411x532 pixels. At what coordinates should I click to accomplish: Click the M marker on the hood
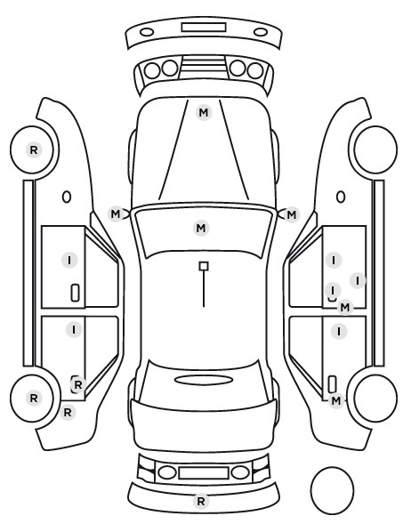pos(204,112)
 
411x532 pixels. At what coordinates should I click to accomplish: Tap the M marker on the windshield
pos(201,228)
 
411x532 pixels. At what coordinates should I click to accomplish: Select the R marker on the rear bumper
pos(201,501)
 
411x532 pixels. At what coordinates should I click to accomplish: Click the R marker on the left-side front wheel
pos(34,149)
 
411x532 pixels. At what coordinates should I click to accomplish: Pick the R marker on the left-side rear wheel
pos(34,398)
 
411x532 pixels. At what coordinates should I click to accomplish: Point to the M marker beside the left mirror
pos(116,214)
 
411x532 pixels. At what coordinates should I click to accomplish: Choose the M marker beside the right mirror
pos(292,214)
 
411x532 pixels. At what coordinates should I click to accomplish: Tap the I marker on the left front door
pos(69,261)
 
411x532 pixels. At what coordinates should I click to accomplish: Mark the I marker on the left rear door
pos(74,329)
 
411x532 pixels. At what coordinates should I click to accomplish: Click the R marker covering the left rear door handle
pos(78,384)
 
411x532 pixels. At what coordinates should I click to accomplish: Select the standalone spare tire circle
pos(332,490)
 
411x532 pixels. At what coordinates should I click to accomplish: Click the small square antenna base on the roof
pos(204,266)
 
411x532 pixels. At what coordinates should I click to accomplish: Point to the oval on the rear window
pos(204,380)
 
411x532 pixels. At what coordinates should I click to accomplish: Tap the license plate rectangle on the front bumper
pos(204,28)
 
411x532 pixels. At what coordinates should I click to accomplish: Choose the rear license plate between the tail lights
pos(204,472)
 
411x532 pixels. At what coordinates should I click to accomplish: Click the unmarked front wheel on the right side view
pos(375,149)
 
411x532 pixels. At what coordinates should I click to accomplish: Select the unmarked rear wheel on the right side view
pos(375,398)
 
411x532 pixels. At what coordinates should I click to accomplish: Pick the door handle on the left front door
pos(76,293)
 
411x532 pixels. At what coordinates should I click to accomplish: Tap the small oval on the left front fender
pos(67,197)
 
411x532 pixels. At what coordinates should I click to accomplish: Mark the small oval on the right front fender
pos(341,197)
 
